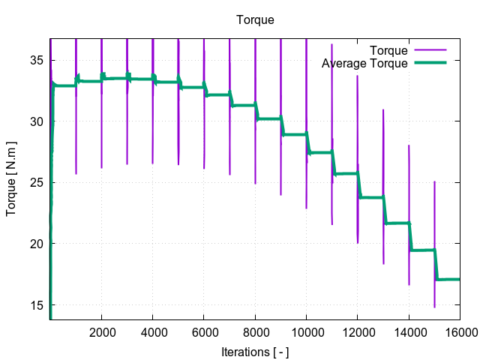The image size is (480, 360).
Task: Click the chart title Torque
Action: point(255,20)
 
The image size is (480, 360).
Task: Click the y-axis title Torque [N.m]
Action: point(12,178)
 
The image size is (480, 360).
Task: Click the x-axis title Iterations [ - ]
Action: point(255,351)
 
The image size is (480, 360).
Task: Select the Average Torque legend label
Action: point(364,64)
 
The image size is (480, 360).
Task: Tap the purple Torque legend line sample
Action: point(430,51)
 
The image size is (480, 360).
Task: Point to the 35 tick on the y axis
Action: point(37,60)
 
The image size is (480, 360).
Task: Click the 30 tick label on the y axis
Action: point(37,121)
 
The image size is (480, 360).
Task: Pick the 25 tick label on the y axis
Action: point(37,182)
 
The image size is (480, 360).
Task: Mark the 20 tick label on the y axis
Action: point(37,244)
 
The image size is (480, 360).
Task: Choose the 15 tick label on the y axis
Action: point(37,304)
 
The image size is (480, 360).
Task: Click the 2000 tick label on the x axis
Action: point(101,331)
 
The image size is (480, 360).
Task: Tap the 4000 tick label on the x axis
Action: point(152,331)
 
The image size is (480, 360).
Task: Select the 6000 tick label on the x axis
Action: point(204,331)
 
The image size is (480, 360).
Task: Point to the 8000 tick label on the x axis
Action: point(255,331)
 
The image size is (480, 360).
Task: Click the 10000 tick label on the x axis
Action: point(306,331)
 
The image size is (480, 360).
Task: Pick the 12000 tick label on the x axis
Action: point(357,331)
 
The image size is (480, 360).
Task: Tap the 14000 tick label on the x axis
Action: point(409,331)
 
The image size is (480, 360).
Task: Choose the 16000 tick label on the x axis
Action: point(459,331)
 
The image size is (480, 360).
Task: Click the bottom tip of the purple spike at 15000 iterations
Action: point(434,307)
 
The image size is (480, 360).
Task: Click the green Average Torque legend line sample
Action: point(430,64)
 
